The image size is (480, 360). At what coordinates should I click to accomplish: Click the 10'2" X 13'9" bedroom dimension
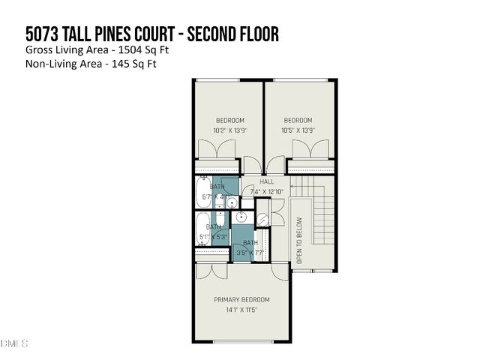[229, 130]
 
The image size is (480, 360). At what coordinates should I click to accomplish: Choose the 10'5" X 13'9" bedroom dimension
[298, 130]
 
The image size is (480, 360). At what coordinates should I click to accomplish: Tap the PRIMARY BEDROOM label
[241, 299]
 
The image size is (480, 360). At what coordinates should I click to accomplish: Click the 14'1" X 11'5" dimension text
[241, 310]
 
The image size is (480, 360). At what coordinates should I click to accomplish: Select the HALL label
[266, 182]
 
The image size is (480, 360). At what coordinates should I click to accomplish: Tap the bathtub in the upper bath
[204, 193]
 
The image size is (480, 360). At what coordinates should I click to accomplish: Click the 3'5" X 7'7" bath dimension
[250, 253]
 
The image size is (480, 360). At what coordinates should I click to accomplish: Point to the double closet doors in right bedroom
[310, 149]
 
